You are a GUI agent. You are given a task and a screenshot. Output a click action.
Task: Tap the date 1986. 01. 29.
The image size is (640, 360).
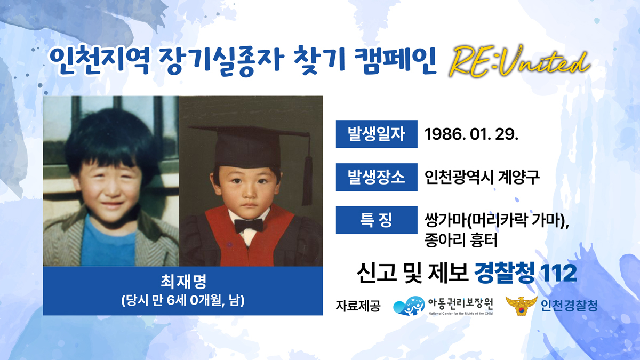pos(471,134)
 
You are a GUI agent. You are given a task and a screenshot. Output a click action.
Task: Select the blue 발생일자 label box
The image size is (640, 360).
pos(377,134)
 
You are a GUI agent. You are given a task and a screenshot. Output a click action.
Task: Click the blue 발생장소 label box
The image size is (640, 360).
pos(377,177)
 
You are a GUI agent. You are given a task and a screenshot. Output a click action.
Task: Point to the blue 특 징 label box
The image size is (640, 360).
pos(377,220)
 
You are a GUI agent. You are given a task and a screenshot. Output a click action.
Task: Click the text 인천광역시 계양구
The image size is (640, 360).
pos(482,177)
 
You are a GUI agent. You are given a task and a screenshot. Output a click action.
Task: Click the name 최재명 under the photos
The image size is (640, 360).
pos(183,282)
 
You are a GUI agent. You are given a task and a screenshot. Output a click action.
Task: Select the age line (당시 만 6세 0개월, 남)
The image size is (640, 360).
pos(183,301)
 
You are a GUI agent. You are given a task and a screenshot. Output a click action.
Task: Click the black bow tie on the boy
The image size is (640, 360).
pos(249,226)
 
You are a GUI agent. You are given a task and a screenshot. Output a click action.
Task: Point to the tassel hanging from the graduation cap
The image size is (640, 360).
pos(307,180)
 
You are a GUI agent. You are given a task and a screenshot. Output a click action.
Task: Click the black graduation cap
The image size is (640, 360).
pos(248,146)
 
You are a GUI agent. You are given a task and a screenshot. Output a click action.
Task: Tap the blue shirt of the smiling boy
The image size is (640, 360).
pos(109,243)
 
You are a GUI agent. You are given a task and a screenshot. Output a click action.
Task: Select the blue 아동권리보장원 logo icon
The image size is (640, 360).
pos(409,306)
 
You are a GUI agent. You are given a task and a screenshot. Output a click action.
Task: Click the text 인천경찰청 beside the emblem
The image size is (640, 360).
pos(569,306)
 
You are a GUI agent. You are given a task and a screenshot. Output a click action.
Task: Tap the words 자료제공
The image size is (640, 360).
pos(358,306)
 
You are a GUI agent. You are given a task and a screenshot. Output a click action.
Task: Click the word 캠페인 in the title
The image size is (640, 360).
pos(395,61)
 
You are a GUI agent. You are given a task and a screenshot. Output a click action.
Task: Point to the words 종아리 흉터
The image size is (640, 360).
pos(461,240)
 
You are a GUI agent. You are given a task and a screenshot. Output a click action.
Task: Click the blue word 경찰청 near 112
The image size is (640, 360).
pos(505,274)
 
